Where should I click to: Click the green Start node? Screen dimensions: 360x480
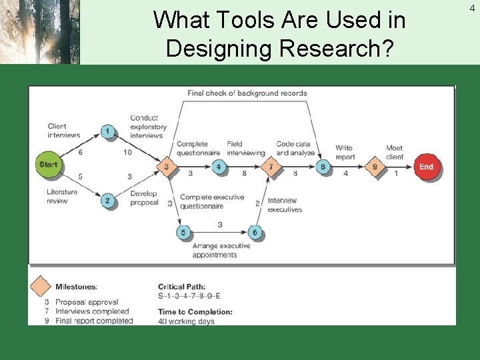(49, 165)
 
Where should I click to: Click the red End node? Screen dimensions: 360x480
(427, 167)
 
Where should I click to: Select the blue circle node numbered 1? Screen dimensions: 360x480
(108, 131)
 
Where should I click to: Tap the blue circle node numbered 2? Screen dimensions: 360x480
(108, 200)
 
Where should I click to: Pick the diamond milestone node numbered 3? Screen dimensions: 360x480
(166, 167)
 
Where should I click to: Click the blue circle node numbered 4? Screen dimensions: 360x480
(219, 167)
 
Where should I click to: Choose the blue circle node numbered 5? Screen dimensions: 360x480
(183, 232)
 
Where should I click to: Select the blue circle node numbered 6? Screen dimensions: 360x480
(255, 232)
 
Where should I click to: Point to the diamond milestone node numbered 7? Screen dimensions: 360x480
(271, 167)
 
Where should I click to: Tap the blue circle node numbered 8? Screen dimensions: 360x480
(323, 167)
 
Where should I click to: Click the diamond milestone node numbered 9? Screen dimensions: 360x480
(375, 167)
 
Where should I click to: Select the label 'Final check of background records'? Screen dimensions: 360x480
(247, 93)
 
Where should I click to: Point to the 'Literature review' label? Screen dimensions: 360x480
(61, 196)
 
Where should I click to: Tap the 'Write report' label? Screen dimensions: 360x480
(345, 152)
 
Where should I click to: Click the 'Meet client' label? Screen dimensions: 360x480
(395, 152)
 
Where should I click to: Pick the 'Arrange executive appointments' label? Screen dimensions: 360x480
(221, 250)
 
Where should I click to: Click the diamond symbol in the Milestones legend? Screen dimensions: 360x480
(41, 287)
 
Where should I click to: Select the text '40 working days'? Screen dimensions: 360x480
(186, 321)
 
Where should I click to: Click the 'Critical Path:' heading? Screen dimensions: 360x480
(182, 287)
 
